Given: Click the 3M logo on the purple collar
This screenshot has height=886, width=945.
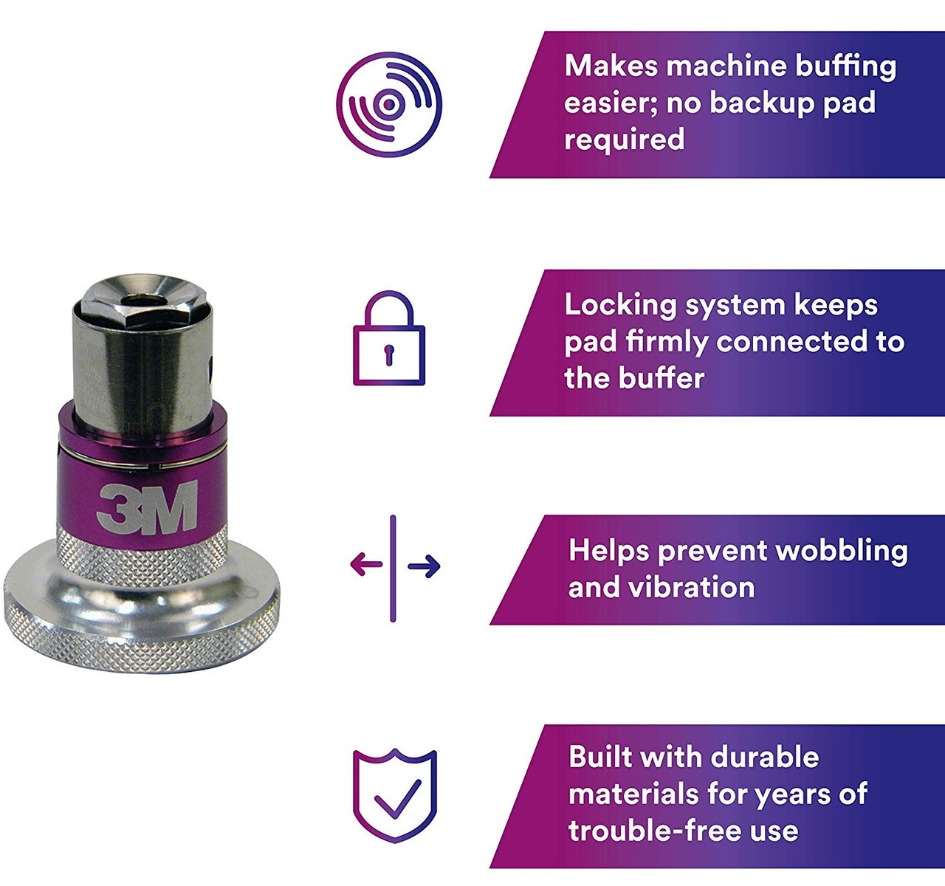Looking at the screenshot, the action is [147, 506].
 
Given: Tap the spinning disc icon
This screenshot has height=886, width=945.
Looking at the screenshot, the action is [389, 105].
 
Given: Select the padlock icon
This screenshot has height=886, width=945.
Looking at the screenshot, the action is [389, 337].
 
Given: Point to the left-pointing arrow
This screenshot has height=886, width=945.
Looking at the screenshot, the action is [366, 565].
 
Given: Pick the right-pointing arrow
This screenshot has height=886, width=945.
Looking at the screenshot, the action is [425, 566].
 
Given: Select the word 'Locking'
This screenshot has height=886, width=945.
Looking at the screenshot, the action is [620, 306].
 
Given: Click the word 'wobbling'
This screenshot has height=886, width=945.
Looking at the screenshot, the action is [842, 552].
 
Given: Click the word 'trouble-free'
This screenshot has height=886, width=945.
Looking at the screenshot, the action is [648, 831].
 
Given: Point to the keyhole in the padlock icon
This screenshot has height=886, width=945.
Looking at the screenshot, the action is [389, 354].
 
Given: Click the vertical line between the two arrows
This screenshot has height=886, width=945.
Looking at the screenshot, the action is [393, 569].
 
